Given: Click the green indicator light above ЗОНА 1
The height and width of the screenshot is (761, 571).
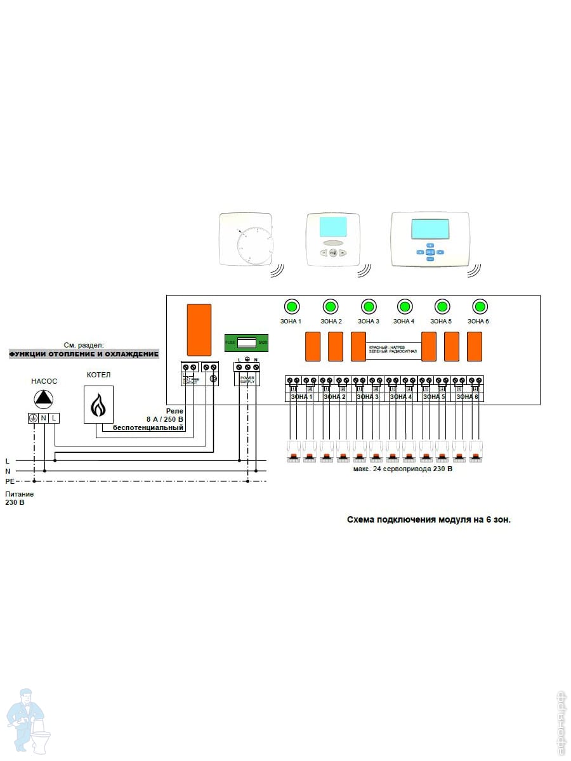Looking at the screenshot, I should (291, 307).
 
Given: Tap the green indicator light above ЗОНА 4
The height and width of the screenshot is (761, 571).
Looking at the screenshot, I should (404, 307).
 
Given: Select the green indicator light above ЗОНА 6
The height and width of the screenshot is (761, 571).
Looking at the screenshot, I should (479, 307).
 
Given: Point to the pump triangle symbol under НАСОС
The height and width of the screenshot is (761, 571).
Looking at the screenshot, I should (44, 398).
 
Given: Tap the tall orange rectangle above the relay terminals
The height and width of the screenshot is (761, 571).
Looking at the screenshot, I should (199, 329).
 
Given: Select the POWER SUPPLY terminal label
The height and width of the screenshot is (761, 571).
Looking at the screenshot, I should (247, 379).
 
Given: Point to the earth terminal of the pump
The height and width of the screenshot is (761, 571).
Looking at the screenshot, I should (33, 418).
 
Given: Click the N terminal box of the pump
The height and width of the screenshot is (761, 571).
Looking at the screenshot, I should (44, 418).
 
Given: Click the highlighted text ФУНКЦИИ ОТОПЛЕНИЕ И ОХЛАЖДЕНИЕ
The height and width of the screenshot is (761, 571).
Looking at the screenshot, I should (84, 354).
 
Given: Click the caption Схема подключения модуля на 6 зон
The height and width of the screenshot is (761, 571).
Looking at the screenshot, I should (428, 519).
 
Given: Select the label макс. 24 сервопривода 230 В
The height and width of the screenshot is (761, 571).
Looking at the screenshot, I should (402, 470).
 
